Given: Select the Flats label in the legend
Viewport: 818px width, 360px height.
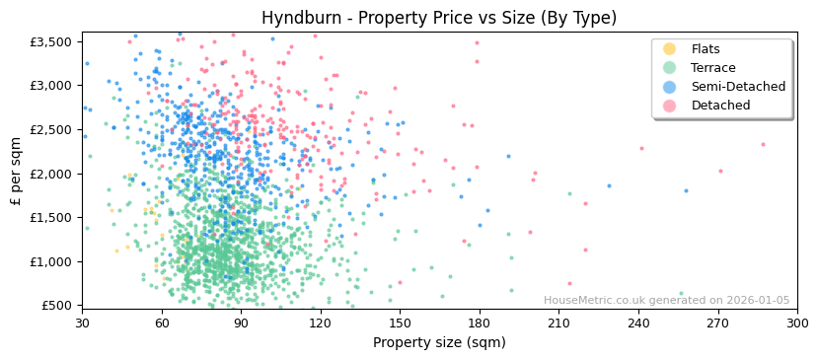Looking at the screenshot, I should coord(706,49).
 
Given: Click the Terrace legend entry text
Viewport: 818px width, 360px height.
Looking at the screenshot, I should coord(713,68).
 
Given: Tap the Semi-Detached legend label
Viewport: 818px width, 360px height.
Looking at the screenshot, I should coord(738,87).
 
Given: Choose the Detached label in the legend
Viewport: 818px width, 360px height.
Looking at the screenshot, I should coord(720,106).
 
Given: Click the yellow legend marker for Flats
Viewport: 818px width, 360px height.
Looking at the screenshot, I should coord(670,49).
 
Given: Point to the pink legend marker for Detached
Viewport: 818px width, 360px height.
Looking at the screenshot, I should coord(670,106).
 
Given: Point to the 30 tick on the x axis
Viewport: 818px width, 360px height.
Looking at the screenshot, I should coord(82,323).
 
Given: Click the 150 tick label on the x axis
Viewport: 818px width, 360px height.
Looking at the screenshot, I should coord(400,323).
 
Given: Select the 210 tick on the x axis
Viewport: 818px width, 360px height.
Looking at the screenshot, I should coord(558,323).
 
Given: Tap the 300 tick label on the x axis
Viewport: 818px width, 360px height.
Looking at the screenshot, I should coord(796,323).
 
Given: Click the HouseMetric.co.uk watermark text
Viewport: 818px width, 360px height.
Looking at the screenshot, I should coord(666,301).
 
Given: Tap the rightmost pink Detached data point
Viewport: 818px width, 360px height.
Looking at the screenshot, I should coord(763,145).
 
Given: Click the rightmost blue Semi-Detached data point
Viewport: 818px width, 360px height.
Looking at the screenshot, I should coord(686,191).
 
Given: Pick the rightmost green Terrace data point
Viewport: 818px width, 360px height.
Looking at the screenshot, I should coord(681,293).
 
